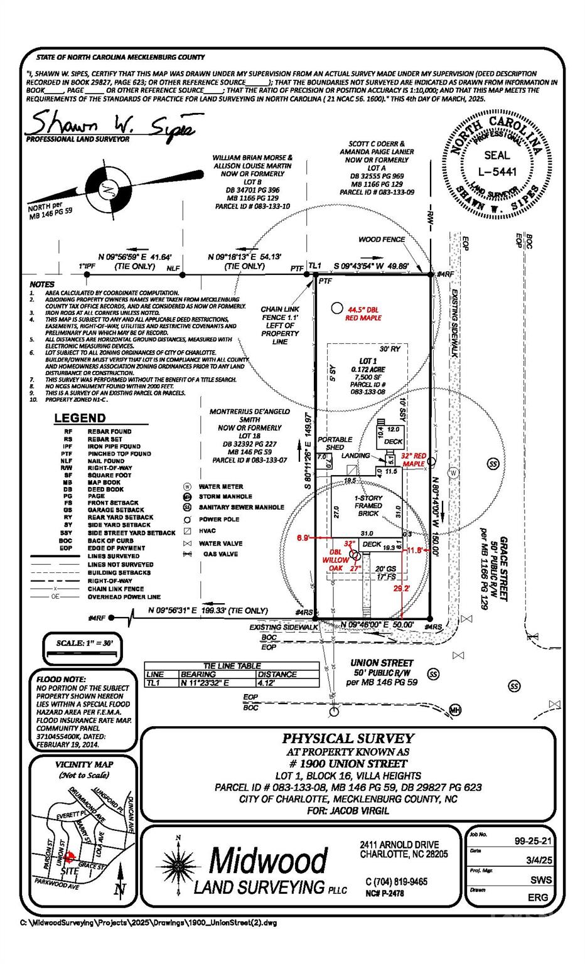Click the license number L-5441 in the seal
point(497,171)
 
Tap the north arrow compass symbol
point(111,188)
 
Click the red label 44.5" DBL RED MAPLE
point(363,313)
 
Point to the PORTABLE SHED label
point(335,443)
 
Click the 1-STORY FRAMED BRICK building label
point(368,505)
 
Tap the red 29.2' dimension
point(401,588)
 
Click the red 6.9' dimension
point(303,538)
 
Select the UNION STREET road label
point(382,663)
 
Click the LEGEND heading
point(80,418)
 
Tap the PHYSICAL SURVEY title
point(348,739)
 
